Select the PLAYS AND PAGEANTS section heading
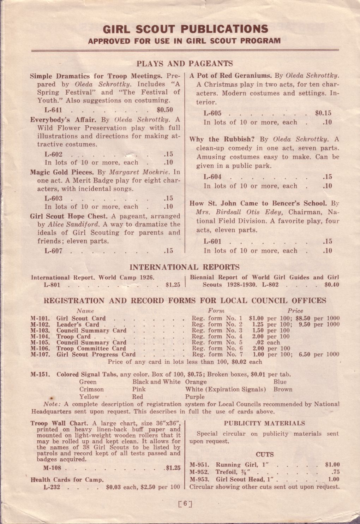coord(185,64)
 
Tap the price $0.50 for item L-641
coord(164,110)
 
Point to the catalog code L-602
coord(54,154)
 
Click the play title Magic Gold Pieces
coord(62,172)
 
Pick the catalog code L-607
coord(54,251)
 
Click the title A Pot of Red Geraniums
coord(230,76)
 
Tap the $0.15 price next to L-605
coord(323,113)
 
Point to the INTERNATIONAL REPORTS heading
coord(185,267)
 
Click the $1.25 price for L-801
coord(173,285)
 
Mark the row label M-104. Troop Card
coord(60,337)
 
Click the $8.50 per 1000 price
coord(317,318)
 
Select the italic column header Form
coord(216,311)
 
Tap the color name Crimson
coord(91,389)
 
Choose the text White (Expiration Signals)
coord(226,389)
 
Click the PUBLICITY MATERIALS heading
coord(264,423)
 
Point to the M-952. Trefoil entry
coord(221,472)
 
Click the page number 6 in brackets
coord(185,504)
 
